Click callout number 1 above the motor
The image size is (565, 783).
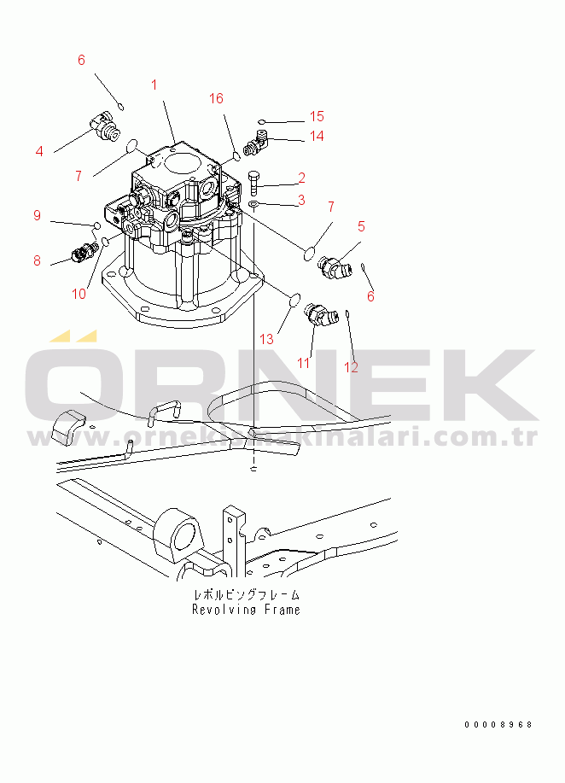coord(154,85)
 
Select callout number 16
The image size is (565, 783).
coord(216,98)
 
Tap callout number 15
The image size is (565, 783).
coord(317,116)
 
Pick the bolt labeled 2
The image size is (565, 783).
coord(253,184)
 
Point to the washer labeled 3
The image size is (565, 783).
coord(253,204)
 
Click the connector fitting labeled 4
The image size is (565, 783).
coord(105,126)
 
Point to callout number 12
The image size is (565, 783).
coord(352,367)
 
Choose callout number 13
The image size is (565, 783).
coord(266,340)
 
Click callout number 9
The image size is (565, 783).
coord(38,215)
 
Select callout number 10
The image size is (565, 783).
coord(79,294)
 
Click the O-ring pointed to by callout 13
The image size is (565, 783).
coord(294,300)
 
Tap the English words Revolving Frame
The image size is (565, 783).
coord(246,609)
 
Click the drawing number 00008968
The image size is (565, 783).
coord(498,725)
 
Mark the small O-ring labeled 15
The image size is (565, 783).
coord(261,121)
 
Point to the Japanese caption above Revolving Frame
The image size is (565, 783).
coord(247,594)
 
